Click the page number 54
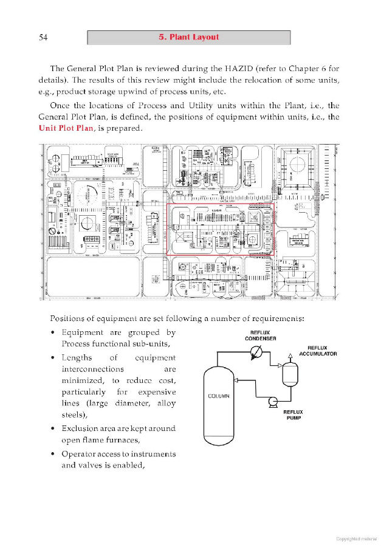[43, 38]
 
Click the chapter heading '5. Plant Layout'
[188, 37]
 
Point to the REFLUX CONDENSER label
[259, 335]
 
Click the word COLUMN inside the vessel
[219, 396]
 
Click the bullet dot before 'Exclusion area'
[55, 428]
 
